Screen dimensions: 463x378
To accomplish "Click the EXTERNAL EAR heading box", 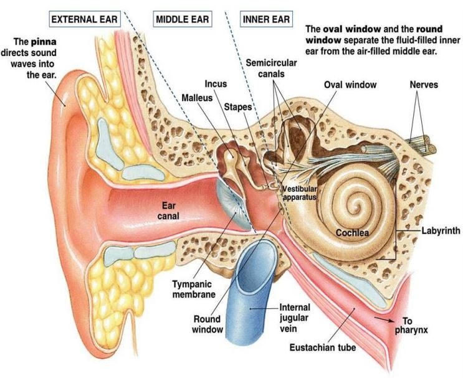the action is (x=85, y=19).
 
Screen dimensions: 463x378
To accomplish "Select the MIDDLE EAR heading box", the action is (x=183, y=19).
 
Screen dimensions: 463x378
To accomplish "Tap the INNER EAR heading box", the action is (x=266, y=19).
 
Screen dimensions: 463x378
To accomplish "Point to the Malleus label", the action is (x=197, y=98).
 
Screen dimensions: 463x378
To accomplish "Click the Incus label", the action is (x=216, y=84).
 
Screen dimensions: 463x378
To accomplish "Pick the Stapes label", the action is (x=237, y=107).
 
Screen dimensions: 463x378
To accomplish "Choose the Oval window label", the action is (x=350, y=85).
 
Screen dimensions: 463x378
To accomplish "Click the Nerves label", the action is (x=424, y=85).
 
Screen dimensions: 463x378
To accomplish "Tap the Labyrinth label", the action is (x=441, y=230).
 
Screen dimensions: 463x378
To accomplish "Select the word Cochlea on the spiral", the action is (x=352, y=233).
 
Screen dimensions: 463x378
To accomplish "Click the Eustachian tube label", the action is (x=322, y=347).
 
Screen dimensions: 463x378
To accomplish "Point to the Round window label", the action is (x=208, y=324).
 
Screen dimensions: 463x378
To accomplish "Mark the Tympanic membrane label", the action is (x=194, y=289).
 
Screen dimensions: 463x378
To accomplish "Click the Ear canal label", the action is (x=168, y=210).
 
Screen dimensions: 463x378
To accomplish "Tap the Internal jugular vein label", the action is (x=295, y=318).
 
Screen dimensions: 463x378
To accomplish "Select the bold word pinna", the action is (x=44, y=42).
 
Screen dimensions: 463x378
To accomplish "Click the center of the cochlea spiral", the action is (x=357, y=204).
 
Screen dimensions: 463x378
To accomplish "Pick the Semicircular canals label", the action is (x=271, y=68).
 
